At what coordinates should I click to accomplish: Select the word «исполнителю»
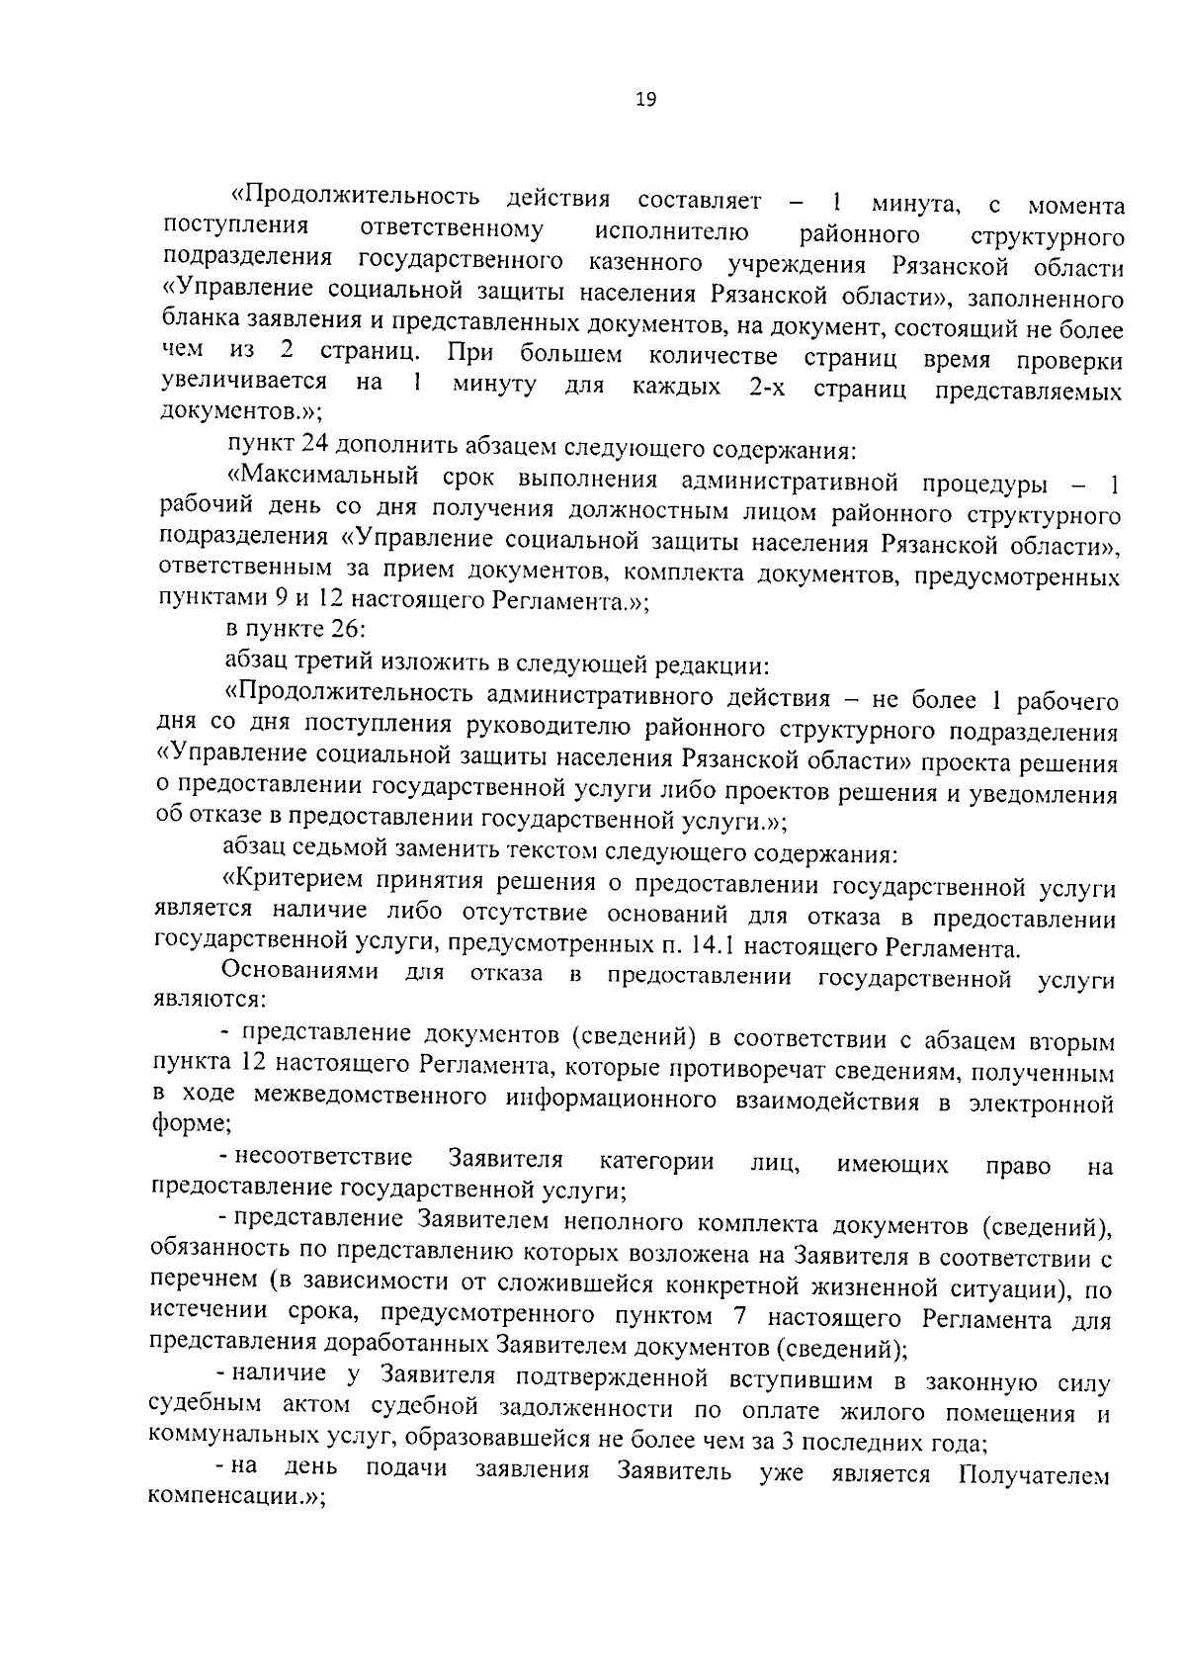click(x=672, y=233)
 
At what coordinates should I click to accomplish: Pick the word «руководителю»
click(x=551, y=730)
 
